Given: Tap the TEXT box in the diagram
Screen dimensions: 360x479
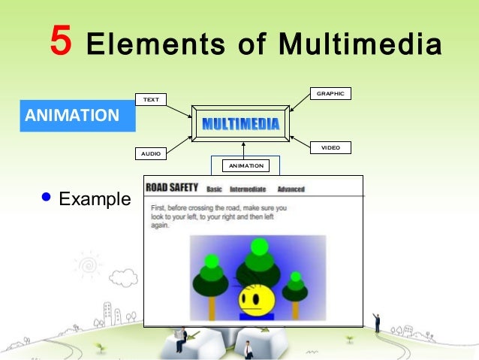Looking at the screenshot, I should pos(151,99).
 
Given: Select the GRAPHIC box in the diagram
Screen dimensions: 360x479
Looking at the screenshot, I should pos(330,94).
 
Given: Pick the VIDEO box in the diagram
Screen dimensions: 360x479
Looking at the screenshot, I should pos(330,148).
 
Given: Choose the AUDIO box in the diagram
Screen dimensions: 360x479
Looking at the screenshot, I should pos(151,153).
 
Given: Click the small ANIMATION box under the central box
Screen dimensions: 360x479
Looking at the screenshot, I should pos(246,165).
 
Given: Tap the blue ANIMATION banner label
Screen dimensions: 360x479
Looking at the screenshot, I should pos(72,116).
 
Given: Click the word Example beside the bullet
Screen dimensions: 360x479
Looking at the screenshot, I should pos(94,199).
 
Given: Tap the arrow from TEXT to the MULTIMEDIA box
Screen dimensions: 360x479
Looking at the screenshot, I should pos(179,111).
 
